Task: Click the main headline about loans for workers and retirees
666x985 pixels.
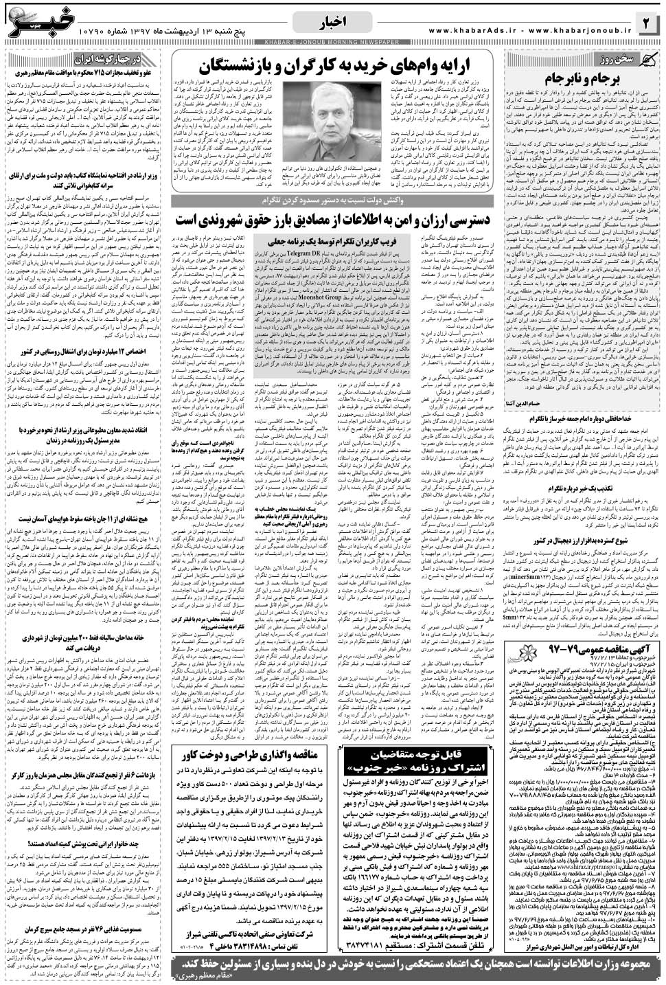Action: [x=332, y=67]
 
